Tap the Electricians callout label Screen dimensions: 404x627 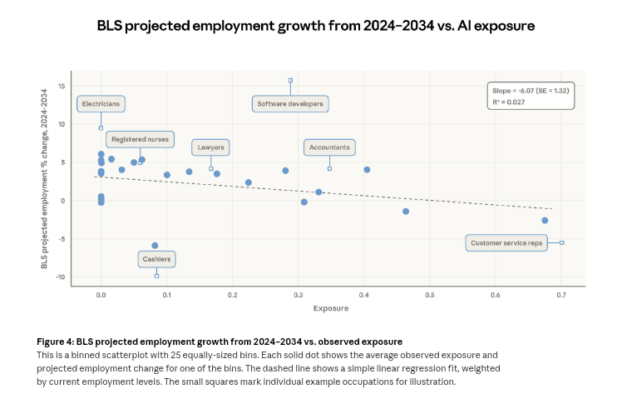click(x=101, y=104)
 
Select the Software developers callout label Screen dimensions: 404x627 click(x=290, y=104)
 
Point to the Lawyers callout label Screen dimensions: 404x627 click(x=210, y=147)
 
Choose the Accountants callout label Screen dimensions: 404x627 click(x=329, y=147)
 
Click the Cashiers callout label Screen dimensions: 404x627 click(x=156, y=259)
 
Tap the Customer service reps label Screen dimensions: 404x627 click(x=506, y=243)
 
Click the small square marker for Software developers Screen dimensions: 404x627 click(x=290, y=81)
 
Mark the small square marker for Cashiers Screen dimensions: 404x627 click(x=156, y=276)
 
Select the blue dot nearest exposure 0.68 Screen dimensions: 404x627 click(x=545, y=221)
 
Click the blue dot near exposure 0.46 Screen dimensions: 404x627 click(x=406, y=212)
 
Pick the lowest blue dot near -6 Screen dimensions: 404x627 click(x=155, y=246)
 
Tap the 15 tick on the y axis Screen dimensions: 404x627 click(x=62, y=86)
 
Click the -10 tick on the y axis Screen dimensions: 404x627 click(x=60, y=277)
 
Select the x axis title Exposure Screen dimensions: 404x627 click(x=330, y=308)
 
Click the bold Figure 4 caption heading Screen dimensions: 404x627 click(x=220, y=342)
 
